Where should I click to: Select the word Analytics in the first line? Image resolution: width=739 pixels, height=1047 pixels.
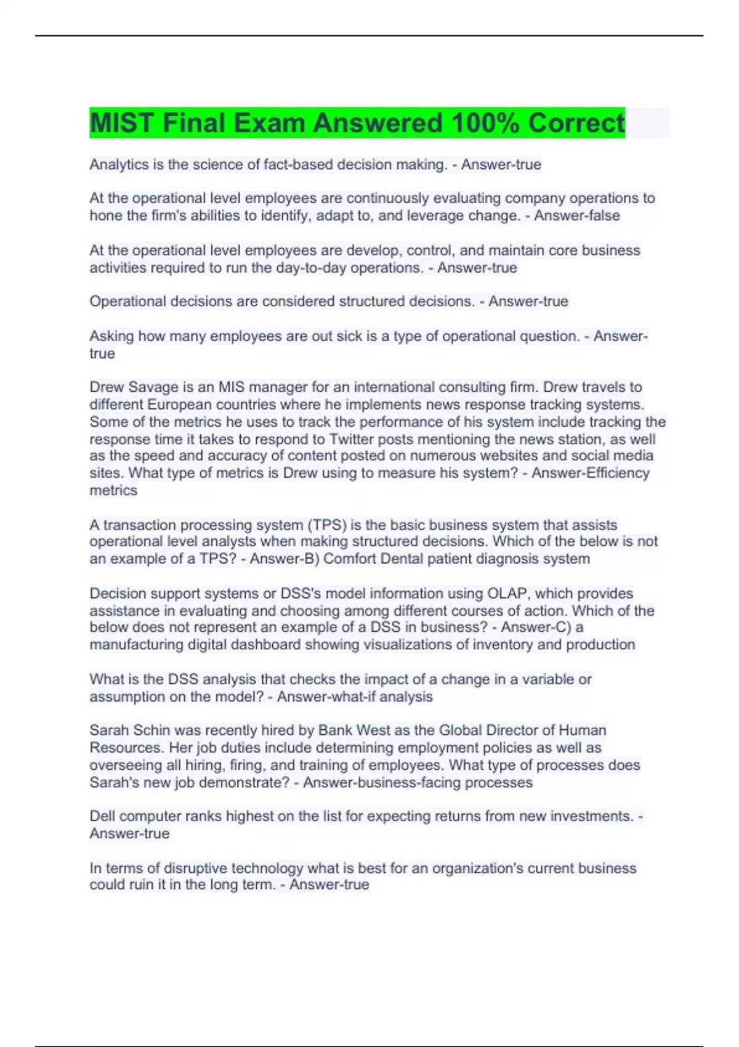click(119, 164)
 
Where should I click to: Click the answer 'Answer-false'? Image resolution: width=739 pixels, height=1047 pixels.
click(577, 216)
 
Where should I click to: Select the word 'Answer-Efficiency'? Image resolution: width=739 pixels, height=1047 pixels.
click(590, 473)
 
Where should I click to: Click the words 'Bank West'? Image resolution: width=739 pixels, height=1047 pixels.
click(354, 730)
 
